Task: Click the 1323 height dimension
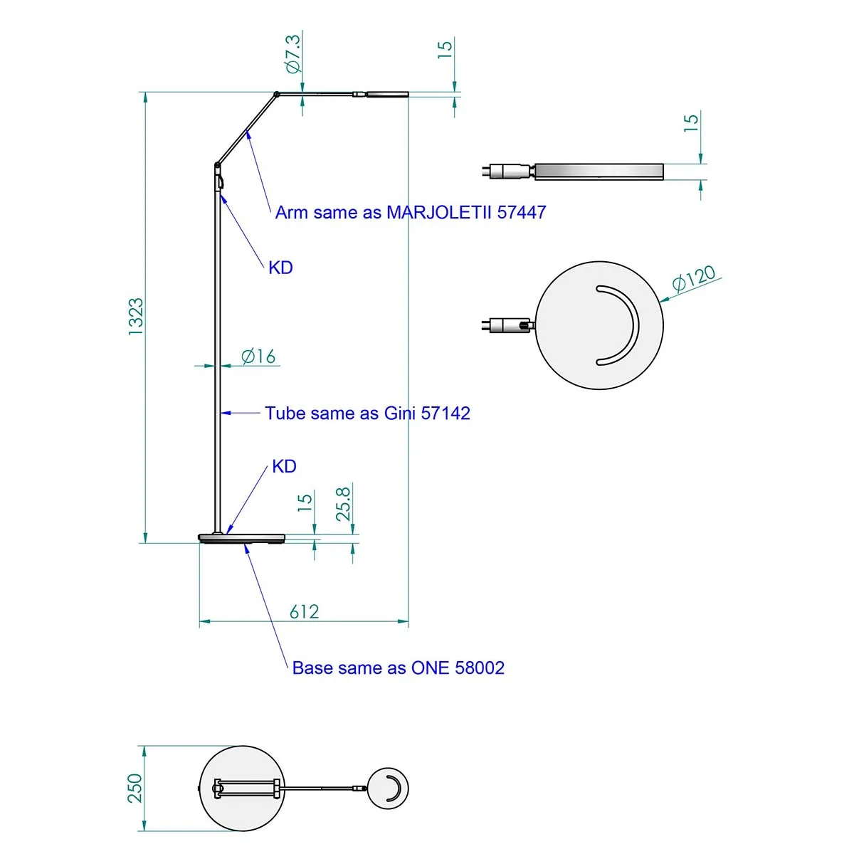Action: (135, 317)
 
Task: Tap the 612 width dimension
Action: (304, 611)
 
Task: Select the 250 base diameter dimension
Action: (135, 788)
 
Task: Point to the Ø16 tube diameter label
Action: (258, 356)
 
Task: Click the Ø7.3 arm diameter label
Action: (292, 53)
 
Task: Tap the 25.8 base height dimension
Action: (343, 503)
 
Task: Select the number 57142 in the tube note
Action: (446, 413)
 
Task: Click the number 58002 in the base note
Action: (480, 668)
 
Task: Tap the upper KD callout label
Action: (280, 268)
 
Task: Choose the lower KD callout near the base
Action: (284, 467)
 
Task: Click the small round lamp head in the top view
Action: (389, 788)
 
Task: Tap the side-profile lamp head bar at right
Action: (599, 172)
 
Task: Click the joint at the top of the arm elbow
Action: (276, 93)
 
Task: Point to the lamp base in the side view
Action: (242, 538)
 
